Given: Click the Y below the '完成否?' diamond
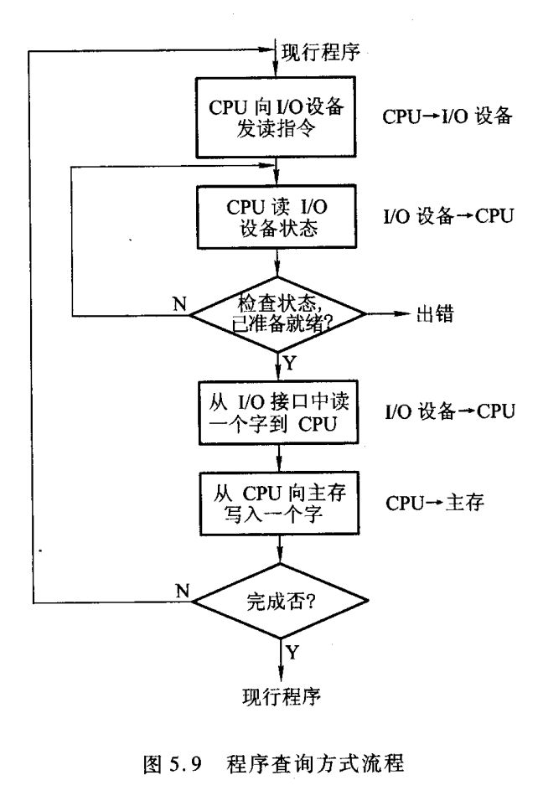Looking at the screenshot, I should coord(290,651).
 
